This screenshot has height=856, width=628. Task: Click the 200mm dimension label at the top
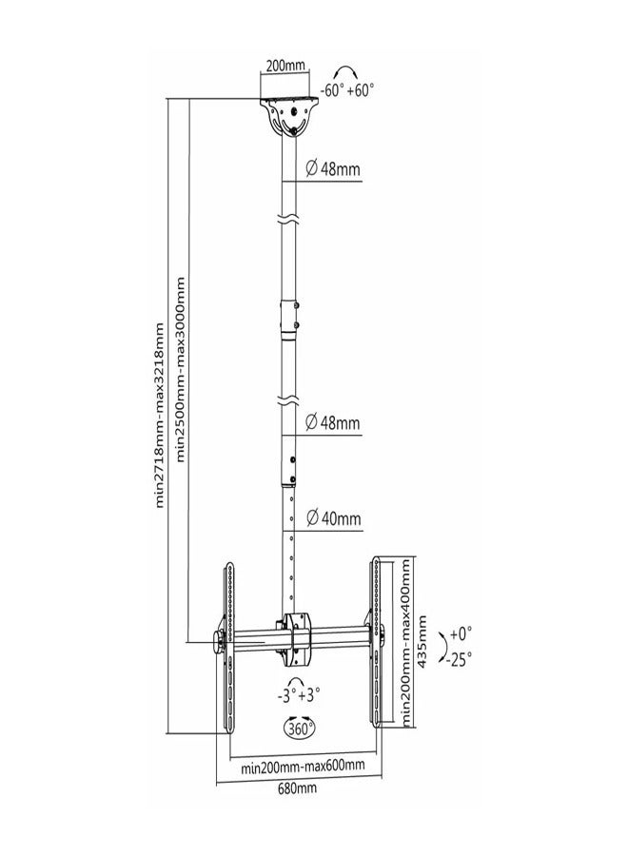285,66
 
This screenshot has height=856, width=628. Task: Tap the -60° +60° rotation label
346,89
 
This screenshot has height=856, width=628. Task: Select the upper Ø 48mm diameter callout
333,168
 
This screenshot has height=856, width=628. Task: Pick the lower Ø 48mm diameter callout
333,422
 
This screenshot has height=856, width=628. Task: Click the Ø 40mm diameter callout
334,517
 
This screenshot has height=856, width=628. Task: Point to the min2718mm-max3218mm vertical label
159,416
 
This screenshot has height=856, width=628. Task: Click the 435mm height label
422,641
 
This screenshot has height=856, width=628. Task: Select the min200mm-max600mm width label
304,767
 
